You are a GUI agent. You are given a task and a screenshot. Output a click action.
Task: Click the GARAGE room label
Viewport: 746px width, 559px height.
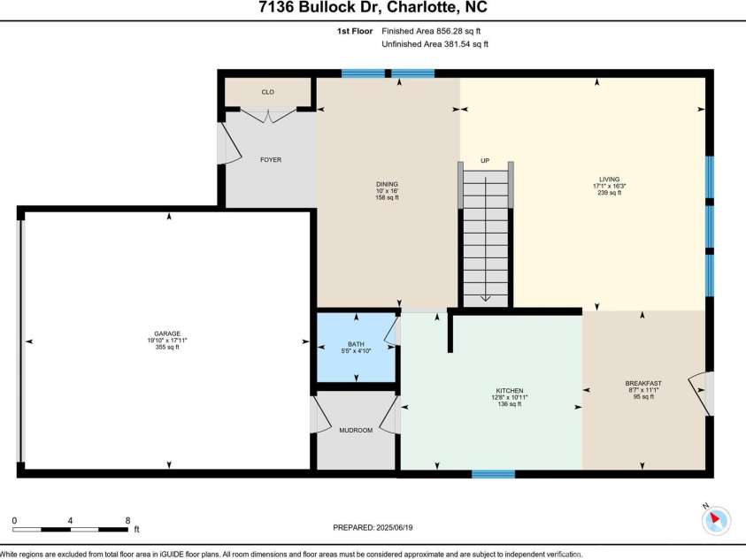click(x=168, y=333)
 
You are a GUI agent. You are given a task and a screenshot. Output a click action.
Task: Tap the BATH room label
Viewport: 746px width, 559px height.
click(x=356, y=344)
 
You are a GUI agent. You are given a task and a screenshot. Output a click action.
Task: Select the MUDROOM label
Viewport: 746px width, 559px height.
click(x=356, y=430)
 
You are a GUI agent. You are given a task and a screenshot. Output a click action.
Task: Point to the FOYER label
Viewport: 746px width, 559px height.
click(x=270, y=160)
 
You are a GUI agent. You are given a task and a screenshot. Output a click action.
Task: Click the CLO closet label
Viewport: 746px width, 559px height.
click(x=267, y=91)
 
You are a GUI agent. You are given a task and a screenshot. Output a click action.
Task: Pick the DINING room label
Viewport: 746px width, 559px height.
click(x=388, y=184)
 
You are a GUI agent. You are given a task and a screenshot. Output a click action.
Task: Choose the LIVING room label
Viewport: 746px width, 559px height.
click(x=608, y=179)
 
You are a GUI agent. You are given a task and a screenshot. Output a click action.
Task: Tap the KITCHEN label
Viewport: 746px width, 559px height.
click(x=509, y=390)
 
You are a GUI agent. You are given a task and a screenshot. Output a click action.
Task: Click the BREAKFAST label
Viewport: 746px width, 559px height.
click(x=642, y=383)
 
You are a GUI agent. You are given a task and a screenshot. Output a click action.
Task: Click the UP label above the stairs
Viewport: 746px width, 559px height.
click(x=485, y=161)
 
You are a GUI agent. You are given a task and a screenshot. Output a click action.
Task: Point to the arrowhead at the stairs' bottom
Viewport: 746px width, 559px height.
click(x=485, y=298)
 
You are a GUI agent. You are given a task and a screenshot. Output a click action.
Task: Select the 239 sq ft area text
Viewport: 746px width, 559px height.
click(x=608, y=193)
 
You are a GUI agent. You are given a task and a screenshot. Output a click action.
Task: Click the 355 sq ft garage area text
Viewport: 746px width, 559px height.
click(x=168, y=348)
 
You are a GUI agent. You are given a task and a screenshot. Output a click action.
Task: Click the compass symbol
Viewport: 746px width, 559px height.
click(x=715, y=519)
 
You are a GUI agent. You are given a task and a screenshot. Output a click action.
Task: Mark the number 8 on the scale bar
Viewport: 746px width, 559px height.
click(x=128, y=520)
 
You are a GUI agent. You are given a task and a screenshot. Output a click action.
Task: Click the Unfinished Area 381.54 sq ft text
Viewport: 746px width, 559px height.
click(x=435, y=43)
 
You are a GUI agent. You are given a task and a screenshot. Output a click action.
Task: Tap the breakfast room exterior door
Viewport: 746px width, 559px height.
click(x=705, y=394)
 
